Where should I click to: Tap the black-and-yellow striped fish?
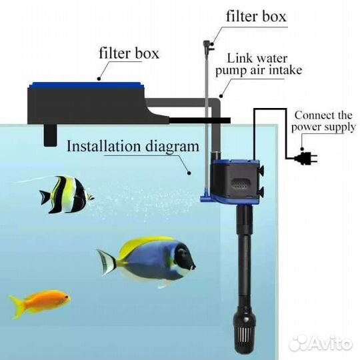coord(67,195)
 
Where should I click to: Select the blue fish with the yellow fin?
coord(147,261)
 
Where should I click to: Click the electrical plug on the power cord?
coord(305,158)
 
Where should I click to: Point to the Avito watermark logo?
coord(320,343)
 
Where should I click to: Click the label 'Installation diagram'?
coord(133,146)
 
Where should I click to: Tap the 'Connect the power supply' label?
coord(323,121)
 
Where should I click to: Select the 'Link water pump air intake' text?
coord(259,65)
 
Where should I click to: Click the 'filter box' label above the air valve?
coord(256,17)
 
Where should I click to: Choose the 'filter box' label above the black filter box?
coord(129,53)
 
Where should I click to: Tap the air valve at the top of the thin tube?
coord(208,46)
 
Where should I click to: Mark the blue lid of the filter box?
coord(86,85)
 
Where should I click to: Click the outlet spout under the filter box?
coord(50,135)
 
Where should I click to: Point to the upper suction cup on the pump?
coord(261,171)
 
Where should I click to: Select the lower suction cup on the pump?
coord(261,192)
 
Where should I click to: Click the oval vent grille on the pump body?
coord(241,184)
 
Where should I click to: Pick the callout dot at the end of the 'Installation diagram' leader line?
coord(189,173)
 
